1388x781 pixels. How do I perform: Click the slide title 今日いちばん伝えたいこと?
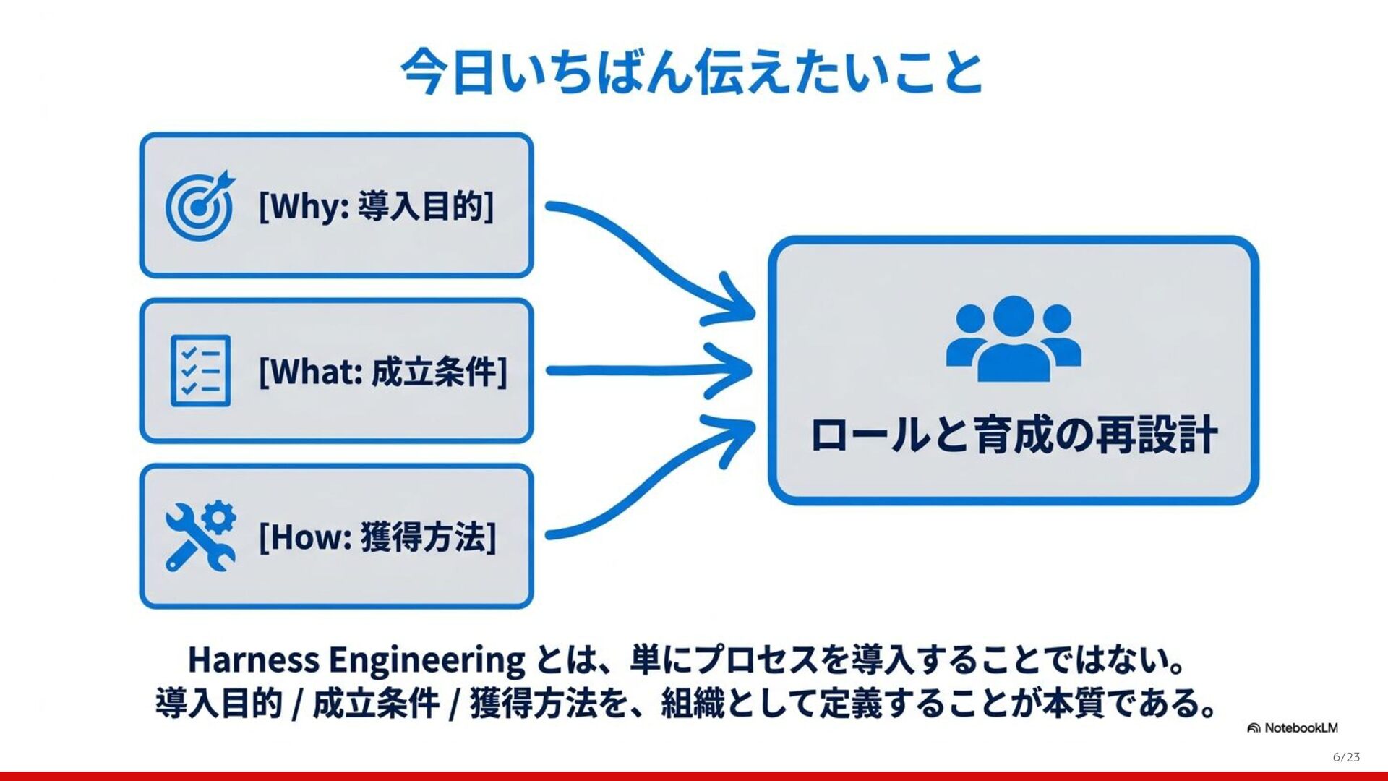click(x=692, y=72)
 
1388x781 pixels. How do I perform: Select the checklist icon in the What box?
click(x=200, y=370)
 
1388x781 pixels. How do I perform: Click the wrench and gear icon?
click(x=200, y=536)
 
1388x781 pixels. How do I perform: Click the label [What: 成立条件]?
click(x=383, y=372)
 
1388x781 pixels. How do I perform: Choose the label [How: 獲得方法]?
click(x=377, y=537)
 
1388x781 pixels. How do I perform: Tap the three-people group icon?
click(x=1014, y=338)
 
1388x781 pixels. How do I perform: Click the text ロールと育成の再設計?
click(x=1014, y=435)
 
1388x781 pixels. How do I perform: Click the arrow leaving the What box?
click(x=647, y=371)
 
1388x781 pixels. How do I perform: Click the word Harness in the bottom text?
click(x=253, y=660)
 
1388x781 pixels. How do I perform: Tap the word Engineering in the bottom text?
click(x=427, y=660)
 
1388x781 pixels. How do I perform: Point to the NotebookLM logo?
click(x=1293, y=727)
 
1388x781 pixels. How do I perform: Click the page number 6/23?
click(x=1346, y=757)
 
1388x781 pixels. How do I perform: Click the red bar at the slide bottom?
click(x=694, y=777)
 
